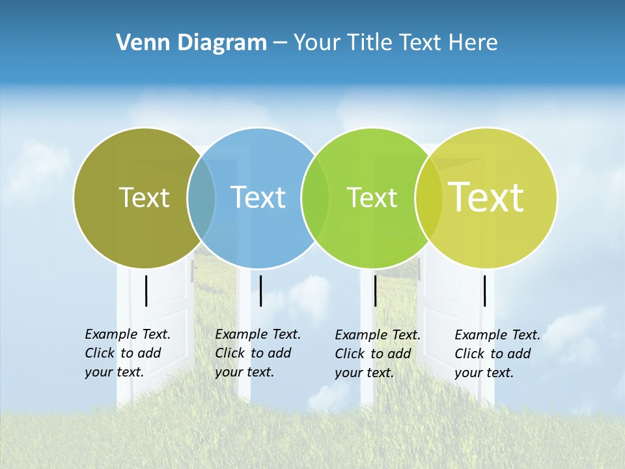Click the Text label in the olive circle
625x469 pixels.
(144, 197)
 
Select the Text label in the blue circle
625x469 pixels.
(258, 197)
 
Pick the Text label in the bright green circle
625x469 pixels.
(372, 197)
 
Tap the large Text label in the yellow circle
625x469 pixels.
(486, 197)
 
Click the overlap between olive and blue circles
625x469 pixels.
(201, 197)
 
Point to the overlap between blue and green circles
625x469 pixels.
(315, 197)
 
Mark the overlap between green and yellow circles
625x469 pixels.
(428, 197)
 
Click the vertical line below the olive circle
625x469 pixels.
(146, 291)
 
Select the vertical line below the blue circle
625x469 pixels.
(260, 291)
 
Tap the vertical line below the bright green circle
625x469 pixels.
(375, 291)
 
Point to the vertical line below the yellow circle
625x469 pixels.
(485, 291)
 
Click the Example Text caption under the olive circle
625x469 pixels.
(128, 353)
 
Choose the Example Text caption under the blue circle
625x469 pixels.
(258, 353)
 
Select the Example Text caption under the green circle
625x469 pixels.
(378, 354)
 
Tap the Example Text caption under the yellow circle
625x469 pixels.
(497, 354)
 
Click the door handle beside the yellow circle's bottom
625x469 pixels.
(419, 268)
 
